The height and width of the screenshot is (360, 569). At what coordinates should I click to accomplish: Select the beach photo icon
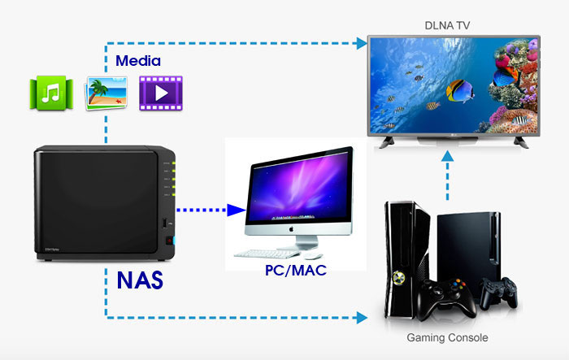(102, 93)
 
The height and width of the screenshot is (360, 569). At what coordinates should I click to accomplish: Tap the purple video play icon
(160, 92)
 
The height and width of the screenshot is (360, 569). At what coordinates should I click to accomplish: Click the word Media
(138, 61)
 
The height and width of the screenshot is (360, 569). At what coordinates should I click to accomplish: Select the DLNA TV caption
(449, 26)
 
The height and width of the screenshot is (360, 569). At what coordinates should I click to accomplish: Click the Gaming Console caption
(449, 336)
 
